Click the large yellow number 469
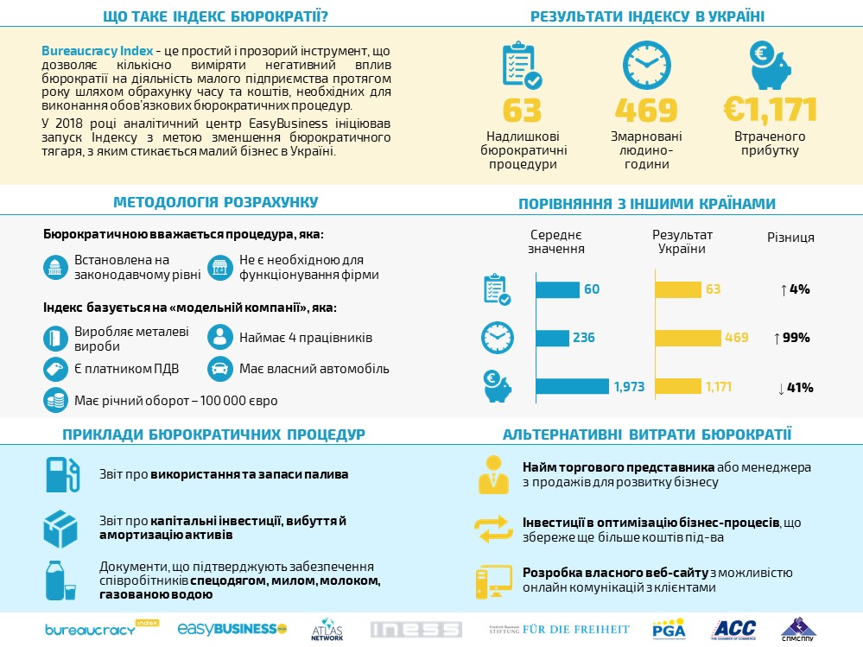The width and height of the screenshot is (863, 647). pos(646,110)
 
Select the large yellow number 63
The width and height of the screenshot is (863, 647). pos(523,110)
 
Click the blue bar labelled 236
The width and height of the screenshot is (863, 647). pos(553,338)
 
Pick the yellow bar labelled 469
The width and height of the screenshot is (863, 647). pos(688,338)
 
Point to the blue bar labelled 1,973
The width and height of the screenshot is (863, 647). pos(573,386)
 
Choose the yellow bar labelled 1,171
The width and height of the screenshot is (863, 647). pos(678,386)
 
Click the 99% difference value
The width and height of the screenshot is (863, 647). pos(792,338)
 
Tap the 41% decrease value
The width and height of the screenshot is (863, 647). pos(796,388)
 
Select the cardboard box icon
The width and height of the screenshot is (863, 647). pos(60,529)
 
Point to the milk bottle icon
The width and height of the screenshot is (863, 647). pos(60,580)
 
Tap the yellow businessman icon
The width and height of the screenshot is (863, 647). pos(493,474)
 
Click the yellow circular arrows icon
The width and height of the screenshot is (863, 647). pos(493,529)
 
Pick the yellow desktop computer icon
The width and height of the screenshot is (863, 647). pos(493,581)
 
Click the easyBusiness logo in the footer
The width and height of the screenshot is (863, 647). pos(232,628)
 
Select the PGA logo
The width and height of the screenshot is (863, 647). pos(669,629)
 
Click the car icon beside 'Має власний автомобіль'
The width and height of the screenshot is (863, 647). pos(219,369)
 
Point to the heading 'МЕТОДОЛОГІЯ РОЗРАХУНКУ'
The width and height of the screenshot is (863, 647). pos(216,202)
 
